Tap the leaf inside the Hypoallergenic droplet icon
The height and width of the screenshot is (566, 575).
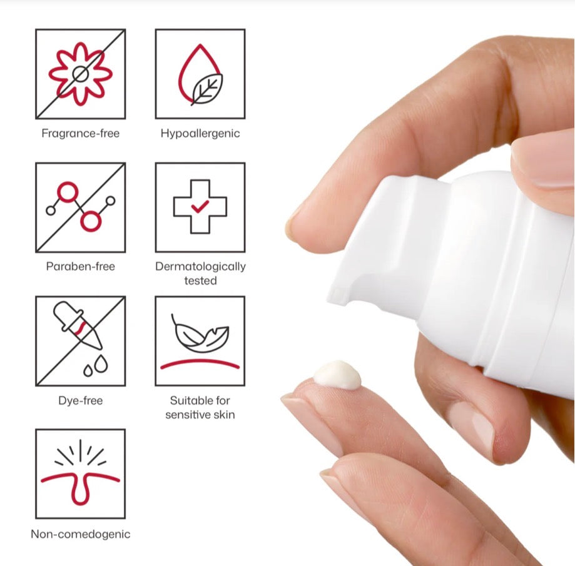pos(207,89)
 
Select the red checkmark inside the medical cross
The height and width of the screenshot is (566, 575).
pos(200,207)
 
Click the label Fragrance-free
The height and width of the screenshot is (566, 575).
pos(80,133)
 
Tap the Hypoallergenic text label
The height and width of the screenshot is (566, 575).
pos(200,133)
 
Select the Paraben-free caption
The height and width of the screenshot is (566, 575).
pos(80,266)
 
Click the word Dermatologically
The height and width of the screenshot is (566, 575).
pos(200,266)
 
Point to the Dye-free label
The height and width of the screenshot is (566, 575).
pos(80,400)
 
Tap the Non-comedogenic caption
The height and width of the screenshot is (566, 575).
pos(80,534)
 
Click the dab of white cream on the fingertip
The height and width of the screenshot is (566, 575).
pos(337,375)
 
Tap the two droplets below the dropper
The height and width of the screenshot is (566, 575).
pos(96,366)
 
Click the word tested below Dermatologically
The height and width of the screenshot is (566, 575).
pos(200,280)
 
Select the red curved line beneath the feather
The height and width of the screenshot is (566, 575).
pos(200,363)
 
